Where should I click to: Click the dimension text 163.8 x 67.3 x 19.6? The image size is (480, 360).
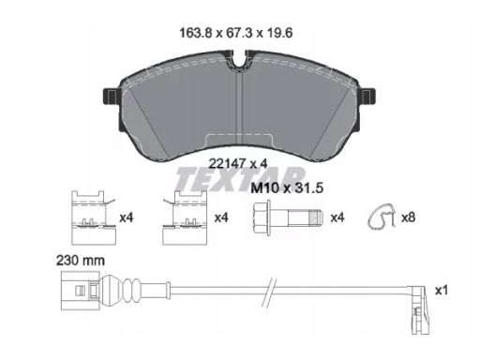point(236,33)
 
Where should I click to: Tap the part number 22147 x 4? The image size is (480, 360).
point(238,163)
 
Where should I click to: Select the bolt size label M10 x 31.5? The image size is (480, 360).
point(287,188)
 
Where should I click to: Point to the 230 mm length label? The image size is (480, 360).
point(81,261)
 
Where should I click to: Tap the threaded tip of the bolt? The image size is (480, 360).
point(315,217)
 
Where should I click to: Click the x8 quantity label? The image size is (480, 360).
point(408,217)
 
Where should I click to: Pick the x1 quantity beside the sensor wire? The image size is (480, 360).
point(442,291)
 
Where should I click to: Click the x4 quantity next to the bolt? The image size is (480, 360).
point(337,217)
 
